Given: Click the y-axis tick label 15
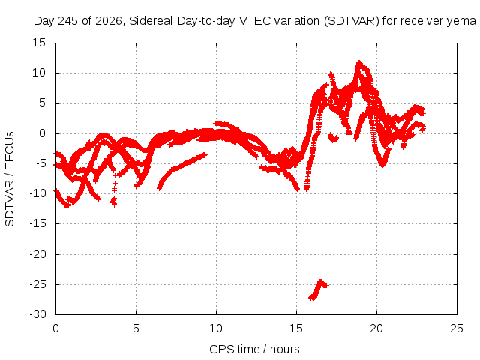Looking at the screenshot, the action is click(x=39, y=43).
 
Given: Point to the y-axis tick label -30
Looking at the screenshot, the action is click(x=38, y=314).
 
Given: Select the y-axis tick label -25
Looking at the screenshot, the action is click(x=38, y=284).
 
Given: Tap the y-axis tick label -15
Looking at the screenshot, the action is click(x=38, y=223).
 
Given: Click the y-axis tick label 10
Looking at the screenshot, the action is click(x=39, y=73).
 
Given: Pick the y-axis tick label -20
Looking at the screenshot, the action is click(x=38, y=254).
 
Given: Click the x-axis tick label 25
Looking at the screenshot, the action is click(x=457, y=328).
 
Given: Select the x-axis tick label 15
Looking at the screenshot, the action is click(x=296, y=328).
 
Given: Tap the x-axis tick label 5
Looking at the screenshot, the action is click(x=136, y=328).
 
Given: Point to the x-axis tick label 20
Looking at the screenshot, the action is click(x=376, y=328).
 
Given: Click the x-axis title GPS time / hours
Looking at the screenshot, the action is click(x=254, y=349).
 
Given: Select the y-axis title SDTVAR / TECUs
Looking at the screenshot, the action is click(x=10, y=179).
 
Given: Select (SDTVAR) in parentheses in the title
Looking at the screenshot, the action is click(x=352, y=21).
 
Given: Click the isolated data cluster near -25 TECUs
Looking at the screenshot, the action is click(x=318, y=289).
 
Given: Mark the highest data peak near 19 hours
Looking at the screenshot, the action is click(x=359, y=62).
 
